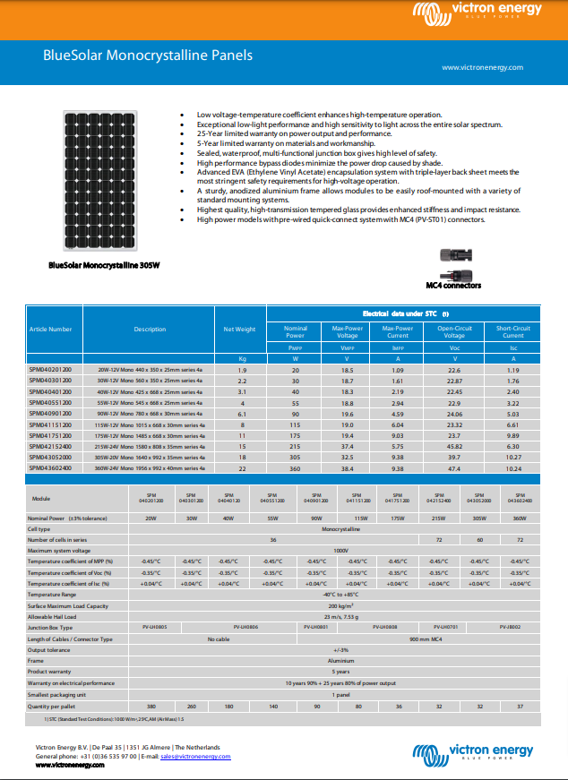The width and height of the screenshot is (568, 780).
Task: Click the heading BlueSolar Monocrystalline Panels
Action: [x=148, y=56]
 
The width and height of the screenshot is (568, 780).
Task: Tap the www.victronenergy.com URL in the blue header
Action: [x=482, y=68]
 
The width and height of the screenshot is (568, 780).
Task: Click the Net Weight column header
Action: [x=239, y=330]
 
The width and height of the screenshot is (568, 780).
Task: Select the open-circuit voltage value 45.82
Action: [x=454, y=445]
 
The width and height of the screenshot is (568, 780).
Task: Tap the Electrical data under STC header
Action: [x=406, y=314]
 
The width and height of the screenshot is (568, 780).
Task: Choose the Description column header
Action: [x=150, y=330]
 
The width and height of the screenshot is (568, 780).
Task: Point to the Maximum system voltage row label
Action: [x=59, y=550]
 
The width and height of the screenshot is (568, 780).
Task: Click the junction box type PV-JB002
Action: [x=511, y=627]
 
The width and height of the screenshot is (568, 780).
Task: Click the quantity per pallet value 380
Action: [x=151, y=707]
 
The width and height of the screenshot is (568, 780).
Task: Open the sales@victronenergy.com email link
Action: [x=195, y=757]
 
